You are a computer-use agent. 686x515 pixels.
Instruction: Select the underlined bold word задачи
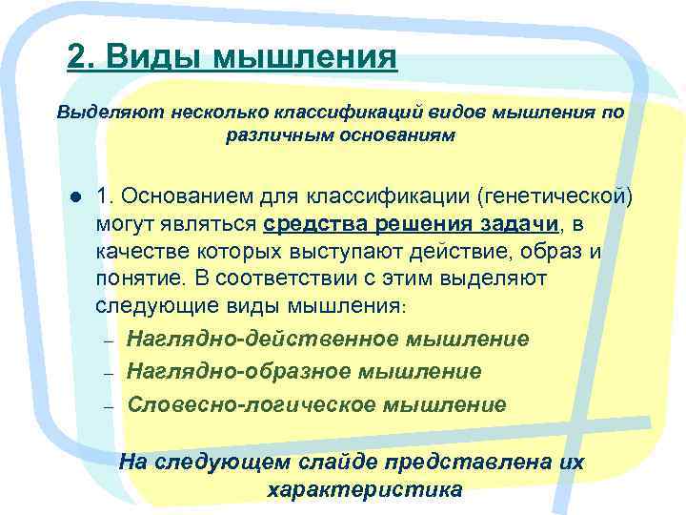click(x=515, y=224)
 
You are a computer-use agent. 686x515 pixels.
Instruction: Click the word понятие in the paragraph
click(x=134, y=278)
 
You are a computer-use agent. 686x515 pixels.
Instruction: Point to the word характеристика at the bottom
click(x=366, y=490)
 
